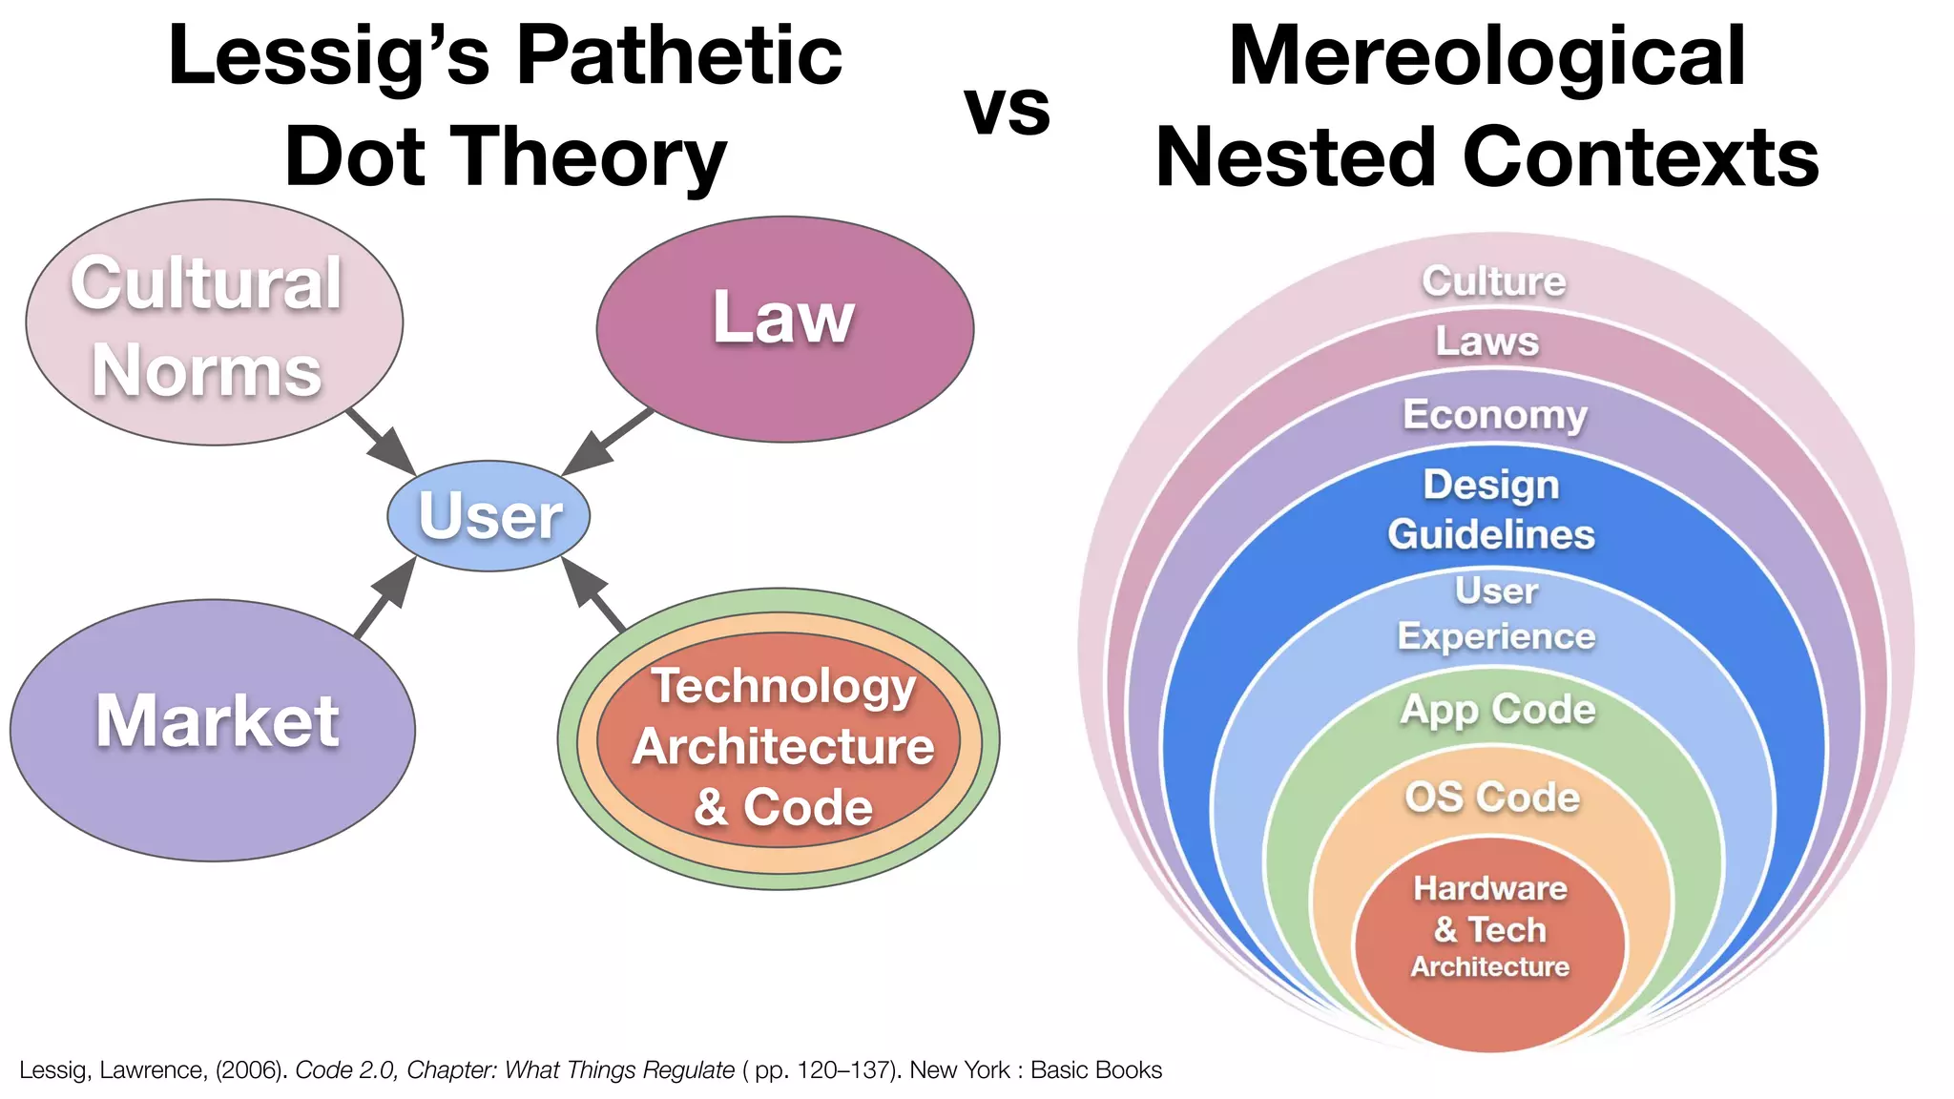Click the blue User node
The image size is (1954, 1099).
(488, 516)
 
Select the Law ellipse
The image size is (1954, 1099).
(784, 328)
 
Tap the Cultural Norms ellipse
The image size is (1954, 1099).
(214, 322)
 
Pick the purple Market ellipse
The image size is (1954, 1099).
(213, 730)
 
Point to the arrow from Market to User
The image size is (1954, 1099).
(385, 597)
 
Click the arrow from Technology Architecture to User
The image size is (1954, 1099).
(593, 595)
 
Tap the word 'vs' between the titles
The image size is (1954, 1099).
(1007, 108)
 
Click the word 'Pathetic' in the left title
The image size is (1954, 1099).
(678, 55)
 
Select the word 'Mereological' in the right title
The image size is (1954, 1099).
(1486, 55)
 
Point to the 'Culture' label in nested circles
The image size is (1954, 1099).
(1493, 281)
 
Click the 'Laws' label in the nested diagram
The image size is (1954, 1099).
(1487, 342)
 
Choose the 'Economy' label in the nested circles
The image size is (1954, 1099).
(1494, 415)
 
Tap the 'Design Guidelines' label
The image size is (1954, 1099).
(1491, 509)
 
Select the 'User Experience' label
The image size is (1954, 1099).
(1496, 613)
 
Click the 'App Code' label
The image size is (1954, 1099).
(1497, 710)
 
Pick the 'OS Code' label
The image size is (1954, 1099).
(1492, 798)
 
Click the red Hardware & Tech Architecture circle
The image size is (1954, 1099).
(1489, 944)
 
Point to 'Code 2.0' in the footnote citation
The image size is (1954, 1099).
(344, 1070)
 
